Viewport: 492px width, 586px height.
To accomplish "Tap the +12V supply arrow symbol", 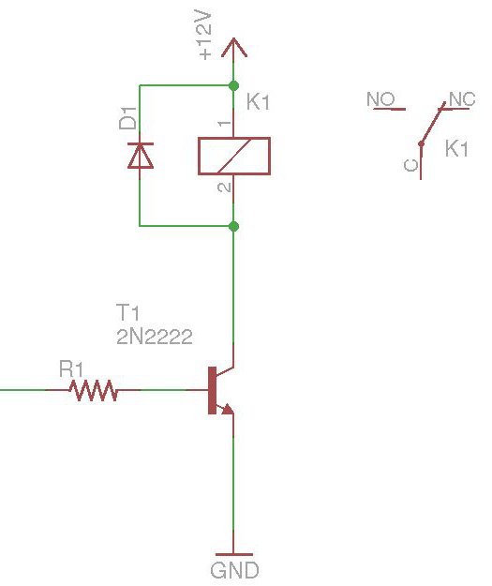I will click(x=233, y=47).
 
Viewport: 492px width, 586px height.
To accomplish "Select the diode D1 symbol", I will click(x=140, y=155).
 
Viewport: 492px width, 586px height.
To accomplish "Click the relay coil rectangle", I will click(x=233, y=156).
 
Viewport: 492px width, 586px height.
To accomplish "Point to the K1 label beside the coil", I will click(x=258, y=103).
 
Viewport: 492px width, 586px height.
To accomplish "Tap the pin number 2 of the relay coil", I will click(x=223, y=188).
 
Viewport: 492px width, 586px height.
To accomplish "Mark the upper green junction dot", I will click(x=233, y=86).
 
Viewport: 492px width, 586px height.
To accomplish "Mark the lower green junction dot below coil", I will click(x=233, y=226).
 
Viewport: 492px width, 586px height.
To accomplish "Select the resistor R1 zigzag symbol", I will click(x=94, y=389).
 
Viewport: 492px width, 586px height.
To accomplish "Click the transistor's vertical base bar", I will click(x=210, y=389).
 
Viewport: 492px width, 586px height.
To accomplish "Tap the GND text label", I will click(x=234, y=570).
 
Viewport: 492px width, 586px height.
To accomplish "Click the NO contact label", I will click(x=380, y=99).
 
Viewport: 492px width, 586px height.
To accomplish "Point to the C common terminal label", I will click(x=410, y=165).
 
